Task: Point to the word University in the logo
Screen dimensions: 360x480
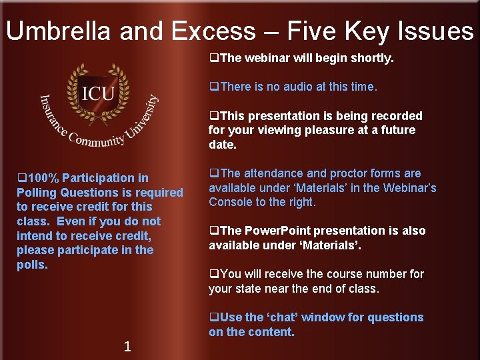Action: click(x=141, y=118)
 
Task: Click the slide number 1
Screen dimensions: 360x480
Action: click(x=127, y=346)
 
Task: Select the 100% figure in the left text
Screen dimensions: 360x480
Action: click(x=42, y=178)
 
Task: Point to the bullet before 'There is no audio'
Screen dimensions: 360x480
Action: click(x=214, y=87)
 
